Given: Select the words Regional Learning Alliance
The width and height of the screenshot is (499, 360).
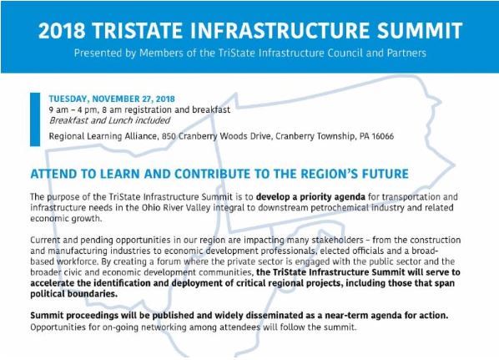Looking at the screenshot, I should tap(105, 136).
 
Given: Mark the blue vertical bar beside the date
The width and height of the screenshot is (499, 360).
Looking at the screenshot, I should tap(34, 117).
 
